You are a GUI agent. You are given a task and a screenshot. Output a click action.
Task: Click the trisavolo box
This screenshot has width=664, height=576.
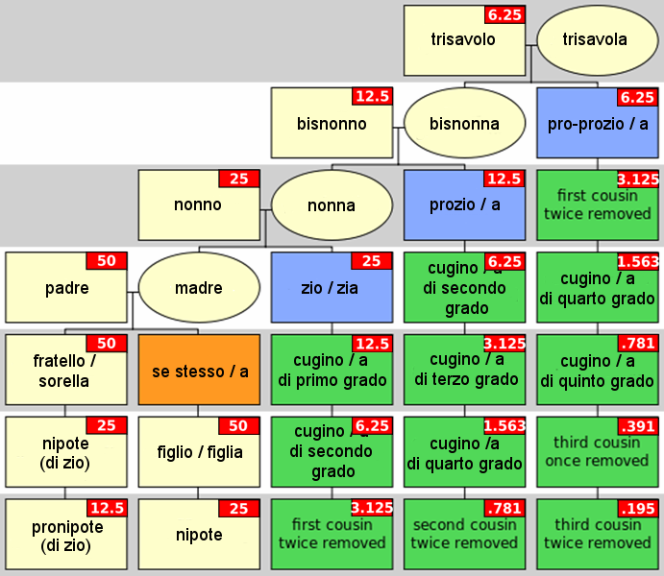[464, 40]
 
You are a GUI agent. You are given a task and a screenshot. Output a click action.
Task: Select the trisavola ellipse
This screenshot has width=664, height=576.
[598, 40]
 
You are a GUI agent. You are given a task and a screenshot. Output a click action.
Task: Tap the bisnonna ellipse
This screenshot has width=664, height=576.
[464, 123]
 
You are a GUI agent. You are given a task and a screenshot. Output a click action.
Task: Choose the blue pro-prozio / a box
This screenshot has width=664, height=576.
[598, 123]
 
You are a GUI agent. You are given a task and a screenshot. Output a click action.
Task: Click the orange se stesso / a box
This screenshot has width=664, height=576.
[199, 370]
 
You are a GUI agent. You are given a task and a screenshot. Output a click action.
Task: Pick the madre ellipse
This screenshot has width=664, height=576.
[199, 288]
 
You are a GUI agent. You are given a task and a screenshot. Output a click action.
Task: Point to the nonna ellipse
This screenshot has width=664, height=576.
[332, 205]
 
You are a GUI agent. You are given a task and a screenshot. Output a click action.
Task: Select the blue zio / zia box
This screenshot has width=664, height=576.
[332, 288]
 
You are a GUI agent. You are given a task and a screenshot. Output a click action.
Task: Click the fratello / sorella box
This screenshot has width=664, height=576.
[66, 370]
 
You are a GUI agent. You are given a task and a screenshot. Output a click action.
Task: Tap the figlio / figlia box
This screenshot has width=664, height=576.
[199, 451]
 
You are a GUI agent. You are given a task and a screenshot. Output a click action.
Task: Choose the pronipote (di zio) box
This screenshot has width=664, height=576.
[66, 534]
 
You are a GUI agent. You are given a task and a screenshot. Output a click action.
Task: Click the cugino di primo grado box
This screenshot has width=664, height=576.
[332, 370]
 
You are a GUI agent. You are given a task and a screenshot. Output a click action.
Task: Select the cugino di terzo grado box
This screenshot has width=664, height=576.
[464, 370]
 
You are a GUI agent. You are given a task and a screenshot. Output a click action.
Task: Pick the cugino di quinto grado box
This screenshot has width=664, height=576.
[598, 370]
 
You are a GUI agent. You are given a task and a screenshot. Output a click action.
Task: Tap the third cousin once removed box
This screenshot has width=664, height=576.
[598, 451]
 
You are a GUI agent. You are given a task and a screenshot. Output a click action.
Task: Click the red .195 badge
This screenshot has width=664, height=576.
[638, 509]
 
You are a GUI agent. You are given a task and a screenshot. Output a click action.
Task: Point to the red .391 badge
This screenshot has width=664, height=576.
[638, 426]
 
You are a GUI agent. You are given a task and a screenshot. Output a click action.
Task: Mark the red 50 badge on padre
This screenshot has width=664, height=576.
[107, 261]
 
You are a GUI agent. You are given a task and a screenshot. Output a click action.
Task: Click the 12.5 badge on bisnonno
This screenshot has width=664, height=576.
[372, 96]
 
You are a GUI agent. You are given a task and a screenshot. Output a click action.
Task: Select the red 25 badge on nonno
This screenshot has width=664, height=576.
[239, 179]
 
